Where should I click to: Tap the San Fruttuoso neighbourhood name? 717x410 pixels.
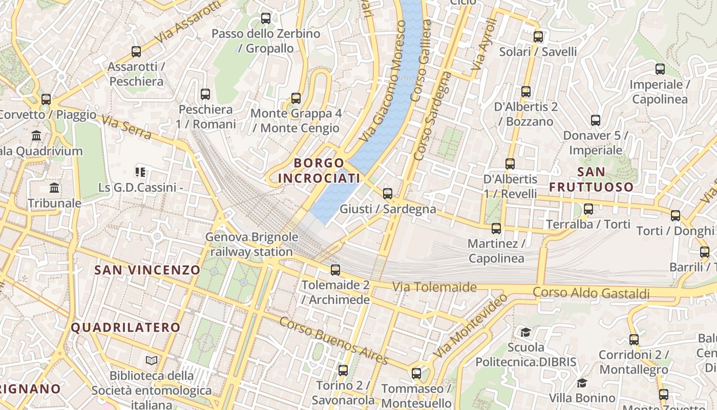tap(591, 179)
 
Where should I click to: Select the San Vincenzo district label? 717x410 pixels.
tap(147, 270)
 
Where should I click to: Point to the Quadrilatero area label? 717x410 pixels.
tap(125, 327)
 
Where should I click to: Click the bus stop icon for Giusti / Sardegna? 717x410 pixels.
tap(388, 193)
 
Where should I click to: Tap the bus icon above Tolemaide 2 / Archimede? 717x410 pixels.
tap(335, 270)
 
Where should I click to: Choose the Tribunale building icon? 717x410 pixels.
tap(54, 188)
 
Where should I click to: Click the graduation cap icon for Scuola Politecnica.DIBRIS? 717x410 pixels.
tap(525, 332)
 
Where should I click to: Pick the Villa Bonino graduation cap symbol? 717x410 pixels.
tap(582, 383)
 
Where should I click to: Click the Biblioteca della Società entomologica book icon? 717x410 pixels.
tap(151, 360)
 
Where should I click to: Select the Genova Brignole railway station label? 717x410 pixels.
tap(251, 244)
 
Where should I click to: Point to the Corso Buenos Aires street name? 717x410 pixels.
tap(333, 341)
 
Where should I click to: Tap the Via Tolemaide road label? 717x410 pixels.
tap(434, 287)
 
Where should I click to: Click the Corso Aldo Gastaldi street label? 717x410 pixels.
tap(591, 293)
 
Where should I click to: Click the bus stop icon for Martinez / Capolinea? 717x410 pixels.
tap(496, 228)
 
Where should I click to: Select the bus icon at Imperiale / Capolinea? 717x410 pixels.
tap(660, 69)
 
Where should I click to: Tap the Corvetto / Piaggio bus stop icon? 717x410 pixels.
tap(46, 99)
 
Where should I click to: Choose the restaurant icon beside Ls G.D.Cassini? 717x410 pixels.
tap(140, 172)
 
